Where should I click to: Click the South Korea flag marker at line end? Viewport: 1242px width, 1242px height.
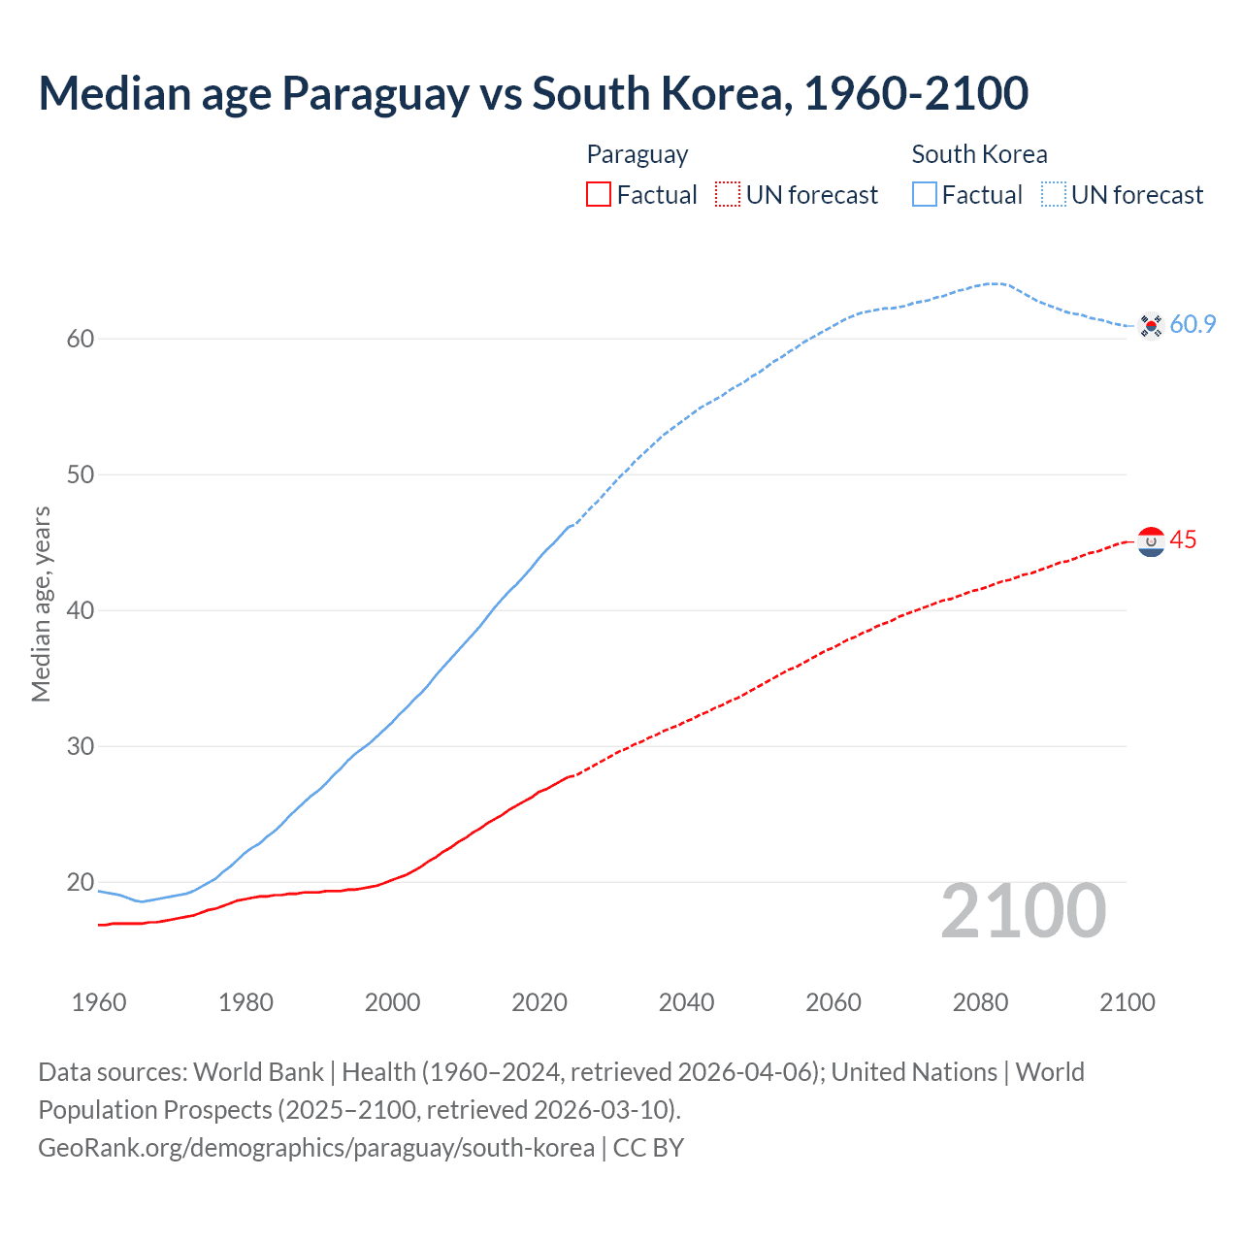point(1151,325)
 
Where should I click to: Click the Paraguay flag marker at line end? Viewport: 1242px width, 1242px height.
point(1151,541)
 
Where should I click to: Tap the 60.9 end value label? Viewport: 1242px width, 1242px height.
point(1193,325)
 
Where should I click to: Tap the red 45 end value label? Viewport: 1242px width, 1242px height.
point(1183,540)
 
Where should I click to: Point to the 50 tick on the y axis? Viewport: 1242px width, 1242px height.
point(80,475)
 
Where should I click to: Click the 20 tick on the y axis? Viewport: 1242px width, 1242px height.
point(80,883)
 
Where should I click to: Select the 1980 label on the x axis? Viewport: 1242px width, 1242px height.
point(245,1002)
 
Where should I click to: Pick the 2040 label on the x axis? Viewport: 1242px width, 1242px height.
point(686,1002)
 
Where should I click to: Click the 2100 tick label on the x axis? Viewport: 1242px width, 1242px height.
point(1128,1002)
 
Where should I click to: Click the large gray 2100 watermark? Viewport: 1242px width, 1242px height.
point(1023,911)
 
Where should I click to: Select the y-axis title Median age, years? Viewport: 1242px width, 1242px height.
point(41,604)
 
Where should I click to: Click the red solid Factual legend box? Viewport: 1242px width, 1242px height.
point(599,195)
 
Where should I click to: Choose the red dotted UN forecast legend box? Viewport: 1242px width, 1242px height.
point(728,195)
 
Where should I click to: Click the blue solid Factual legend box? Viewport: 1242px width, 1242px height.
point(924,195)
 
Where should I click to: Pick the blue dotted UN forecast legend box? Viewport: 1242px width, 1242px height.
point(1053,195)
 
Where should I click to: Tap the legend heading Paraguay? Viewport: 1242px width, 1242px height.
point(637,154)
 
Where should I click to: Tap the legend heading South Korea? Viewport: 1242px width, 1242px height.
point(979,154)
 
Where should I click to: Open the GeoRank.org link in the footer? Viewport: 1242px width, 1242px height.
point(316,1148)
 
